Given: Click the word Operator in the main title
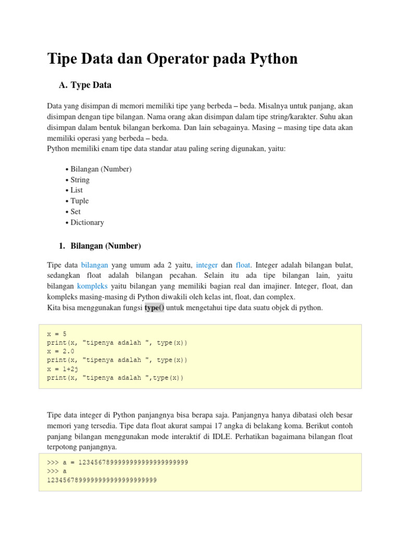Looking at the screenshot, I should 178,58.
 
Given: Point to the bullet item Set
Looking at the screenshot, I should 76,212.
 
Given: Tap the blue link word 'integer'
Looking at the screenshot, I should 207,265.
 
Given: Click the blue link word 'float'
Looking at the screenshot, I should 243,265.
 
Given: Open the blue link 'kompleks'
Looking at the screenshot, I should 92,286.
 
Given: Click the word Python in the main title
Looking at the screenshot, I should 269,58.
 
